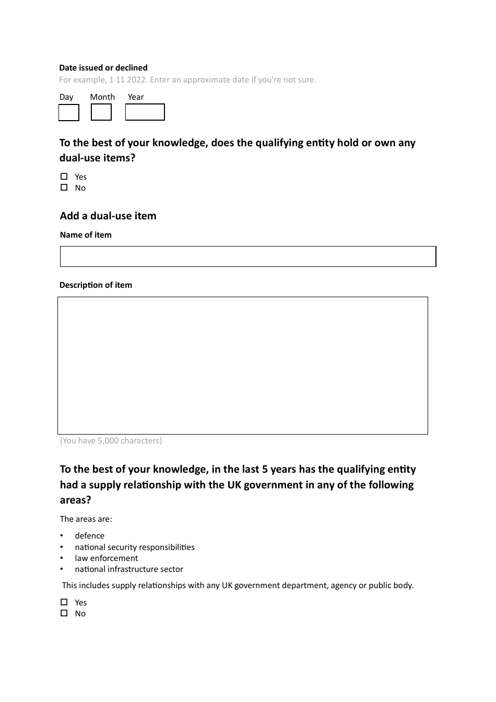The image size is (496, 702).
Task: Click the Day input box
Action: coord(69,113)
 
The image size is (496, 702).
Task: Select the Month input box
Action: coord(101,112)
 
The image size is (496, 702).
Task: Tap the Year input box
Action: coord(145,112)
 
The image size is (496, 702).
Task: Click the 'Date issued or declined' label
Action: coord(103,68)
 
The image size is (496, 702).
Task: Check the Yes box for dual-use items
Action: coord(64,177)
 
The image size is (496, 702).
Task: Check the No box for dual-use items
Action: coord(64,188)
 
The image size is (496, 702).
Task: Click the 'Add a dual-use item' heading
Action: coord(108,216)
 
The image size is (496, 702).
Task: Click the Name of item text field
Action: coord(247,256)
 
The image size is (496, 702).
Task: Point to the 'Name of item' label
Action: coord(86,235)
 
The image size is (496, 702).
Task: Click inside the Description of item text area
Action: coord(242,366)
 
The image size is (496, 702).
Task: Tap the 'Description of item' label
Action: coord(96,285)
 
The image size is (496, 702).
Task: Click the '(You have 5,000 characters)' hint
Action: coord(111,441)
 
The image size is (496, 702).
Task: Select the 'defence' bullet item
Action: coord(89,536)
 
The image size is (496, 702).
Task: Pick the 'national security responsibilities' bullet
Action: coord(134,547)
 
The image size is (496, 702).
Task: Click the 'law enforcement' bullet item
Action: coord(106,558)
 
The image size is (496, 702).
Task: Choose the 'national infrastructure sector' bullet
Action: coord(128,569)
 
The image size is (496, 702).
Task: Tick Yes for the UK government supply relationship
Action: coord(64,602)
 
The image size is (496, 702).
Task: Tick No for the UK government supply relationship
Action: coord(64,613)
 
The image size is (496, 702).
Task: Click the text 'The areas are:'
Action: coord(86,519)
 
